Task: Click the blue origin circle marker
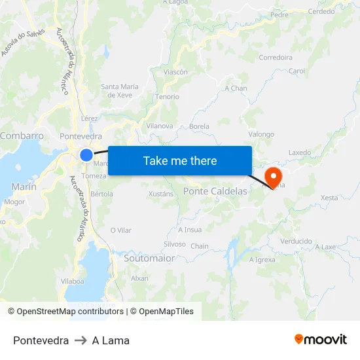86,155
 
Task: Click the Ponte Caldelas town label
215,191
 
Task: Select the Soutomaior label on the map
149,259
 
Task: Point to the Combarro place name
22,136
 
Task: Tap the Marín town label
24,187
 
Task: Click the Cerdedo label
321,11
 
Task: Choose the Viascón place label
175,72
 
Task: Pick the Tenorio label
167,97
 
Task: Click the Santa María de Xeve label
120,91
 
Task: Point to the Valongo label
261,134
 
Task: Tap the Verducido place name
296,241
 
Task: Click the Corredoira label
276,58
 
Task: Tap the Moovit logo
321,340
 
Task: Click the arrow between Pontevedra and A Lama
81,340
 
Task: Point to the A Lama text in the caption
111,340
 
